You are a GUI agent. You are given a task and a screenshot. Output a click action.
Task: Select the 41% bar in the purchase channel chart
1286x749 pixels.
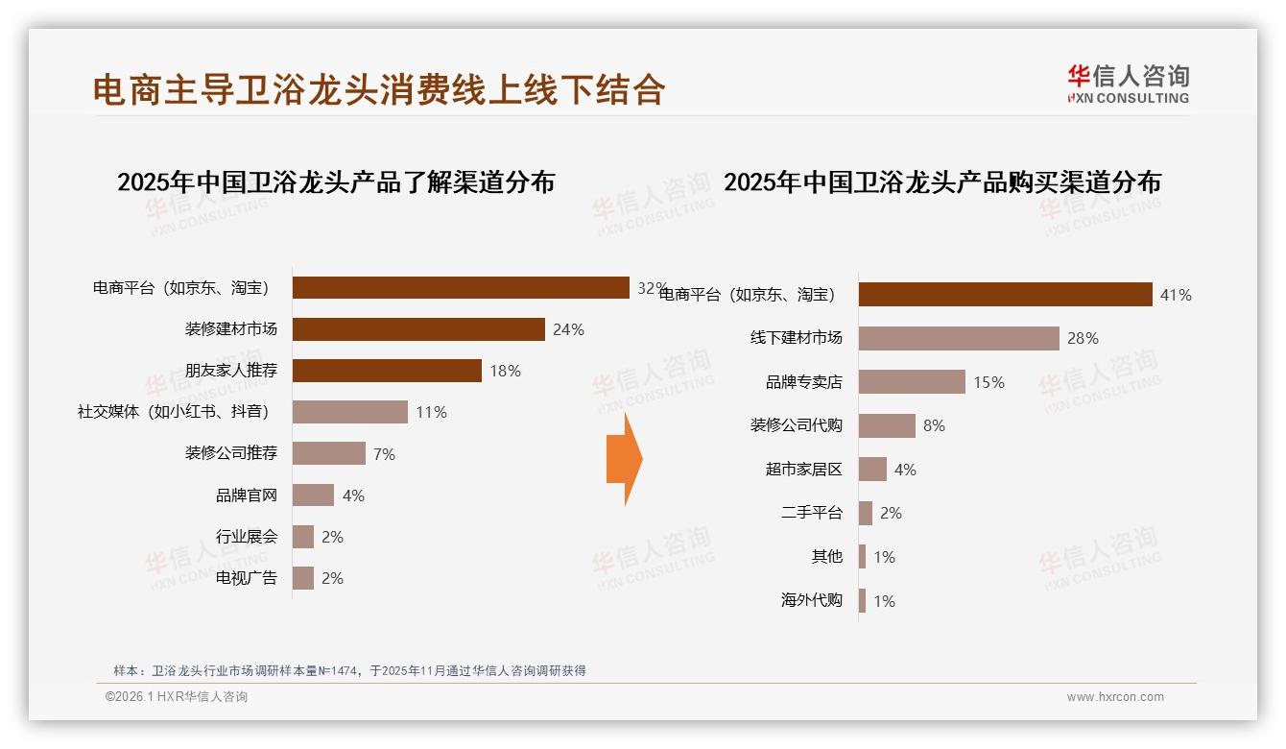click(1005, 295)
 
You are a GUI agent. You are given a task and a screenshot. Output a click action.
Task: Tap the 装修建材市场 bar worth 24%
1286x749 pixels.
click(418, 329)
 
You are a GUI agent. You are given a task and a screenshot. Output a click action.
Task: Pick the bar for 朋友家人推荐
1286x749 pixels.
click(387, 371)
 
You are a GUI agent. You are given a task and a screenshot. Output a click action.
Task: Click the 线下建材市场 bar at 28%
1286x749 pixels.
click(959, 338)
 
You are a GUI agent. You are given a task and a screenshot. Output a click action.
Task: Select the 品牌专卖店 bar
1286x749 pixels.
click(912, 382)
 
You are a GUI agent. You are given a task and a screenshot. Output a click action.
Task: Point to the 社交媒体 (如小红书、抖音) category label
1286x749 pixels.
click(173, 412)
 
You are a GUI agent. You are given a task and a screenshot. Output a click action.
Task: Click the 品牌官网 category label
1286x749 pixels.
click(246, 495)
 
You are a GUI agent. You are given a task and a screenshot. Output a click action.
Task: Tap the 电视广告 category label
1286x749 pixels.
click(246, 578)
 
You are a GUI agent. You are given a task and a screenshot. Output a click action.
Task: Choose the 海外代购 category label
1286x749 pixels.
click(811, 601)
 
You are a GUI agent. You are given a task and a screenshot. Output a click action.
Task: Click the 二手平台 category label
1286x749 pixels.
click(811, 513)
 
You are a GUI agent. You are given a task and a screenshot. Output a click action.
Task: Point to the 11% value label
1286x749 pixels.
click(431, 412)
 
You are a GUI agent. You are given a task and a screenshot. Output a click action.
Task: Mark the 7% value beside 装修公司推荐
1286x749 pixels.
click(384, 454)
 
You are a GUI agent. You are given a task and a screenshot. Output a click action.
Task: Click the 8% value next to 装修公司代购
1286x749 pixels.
click(934, 425)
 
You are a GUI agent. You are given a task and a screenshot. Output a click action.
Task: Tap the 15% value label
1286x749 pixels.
click(988, 382)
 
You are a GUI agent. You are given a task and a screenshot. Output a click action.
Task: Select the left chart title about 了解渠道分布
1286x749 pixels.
click(336, 182)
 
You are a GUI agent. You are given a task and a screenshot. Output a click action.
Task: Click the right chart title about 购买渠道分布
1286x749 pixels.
click(941, 182)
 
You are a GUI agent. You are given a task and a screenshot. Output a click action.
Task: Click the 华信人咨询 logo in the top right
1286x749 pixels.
click(1128, 85)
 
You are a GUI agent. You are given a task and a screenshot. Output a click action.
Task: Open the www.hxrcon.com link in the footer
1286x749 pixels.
click(1115, 697)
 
